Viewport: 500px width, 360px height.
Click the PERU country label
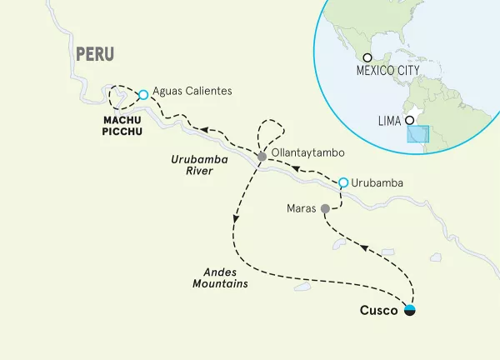pos(95,54)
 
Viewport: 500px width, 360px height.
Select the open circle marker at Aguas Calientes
pos(143,95)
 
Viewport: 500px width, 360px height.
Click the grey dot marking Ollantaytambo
pos(262,157)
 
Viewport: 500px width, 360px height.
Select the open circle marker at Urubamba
pos(342,182)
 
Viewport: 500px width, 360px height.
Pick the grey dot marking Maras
pos(325,209)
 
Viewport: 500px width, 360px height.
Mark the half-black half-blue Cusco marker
pos(409,312)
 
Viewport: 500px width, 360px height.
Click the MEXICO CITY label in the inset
pos(387,71)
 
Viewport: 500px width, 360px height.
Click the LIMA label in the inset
pos(387,120)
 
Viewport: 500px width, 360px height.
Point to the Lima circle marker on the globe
pos(410,120)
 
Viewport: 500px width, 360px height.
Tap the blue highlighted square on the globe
pos(419,135)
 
